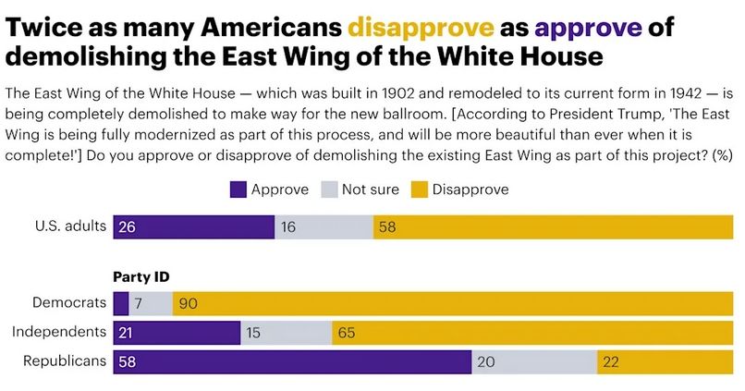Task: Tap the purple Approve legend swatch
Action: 238,189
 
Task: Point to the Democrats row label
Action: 66,301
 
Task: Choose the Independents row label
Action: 57,331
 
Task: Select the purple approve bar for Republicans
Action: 292,361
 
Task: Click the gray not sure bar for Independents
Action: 287,331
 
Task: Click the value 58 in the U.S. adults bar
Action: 389,226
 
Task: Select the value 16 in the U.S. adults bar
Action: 288,226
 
